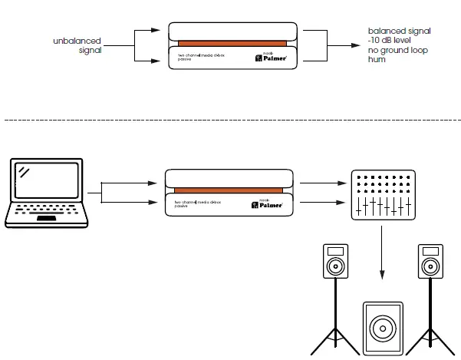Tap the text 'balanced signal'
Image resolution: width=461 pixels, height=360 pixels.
[399, 31]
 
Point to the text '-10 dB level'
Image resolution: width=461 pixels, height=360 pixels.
[391, 41]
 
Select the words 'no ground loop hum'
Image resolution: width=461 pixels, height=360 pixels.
[397, 54]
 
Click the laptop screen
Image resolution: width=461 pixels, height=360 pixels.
[50, 185]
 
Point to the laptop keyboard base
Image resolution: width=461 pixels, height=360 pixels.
[50, 217]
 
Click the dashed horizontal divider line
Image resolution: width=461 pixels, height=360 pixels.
[230, 120]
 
